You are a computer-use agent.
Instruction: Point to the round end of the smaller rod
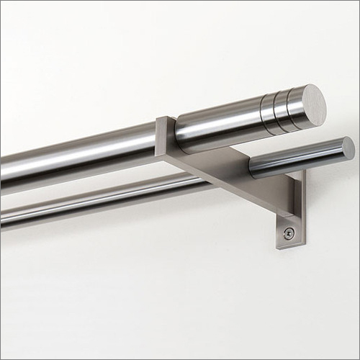tap(348, 148)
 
